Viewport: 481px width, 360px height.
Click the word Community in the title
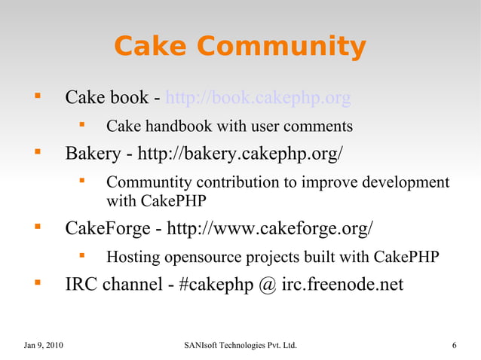coord(284,47)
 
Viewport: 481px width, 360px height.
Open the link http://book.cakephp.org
coord(258,98)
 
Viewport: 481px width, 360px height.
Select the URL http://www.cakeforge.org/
coord(269,228)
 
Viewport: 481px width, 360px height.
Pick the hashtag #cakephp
coord(216,285)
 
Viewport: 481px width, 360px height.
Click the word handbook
coord(175,126)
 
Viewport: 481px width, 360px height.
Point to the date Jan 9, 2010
coord(44,346)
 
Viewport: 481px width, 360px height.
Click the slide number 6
coord(454,346)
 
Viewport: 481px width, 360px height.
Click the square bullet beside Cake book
coord(35,97)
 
